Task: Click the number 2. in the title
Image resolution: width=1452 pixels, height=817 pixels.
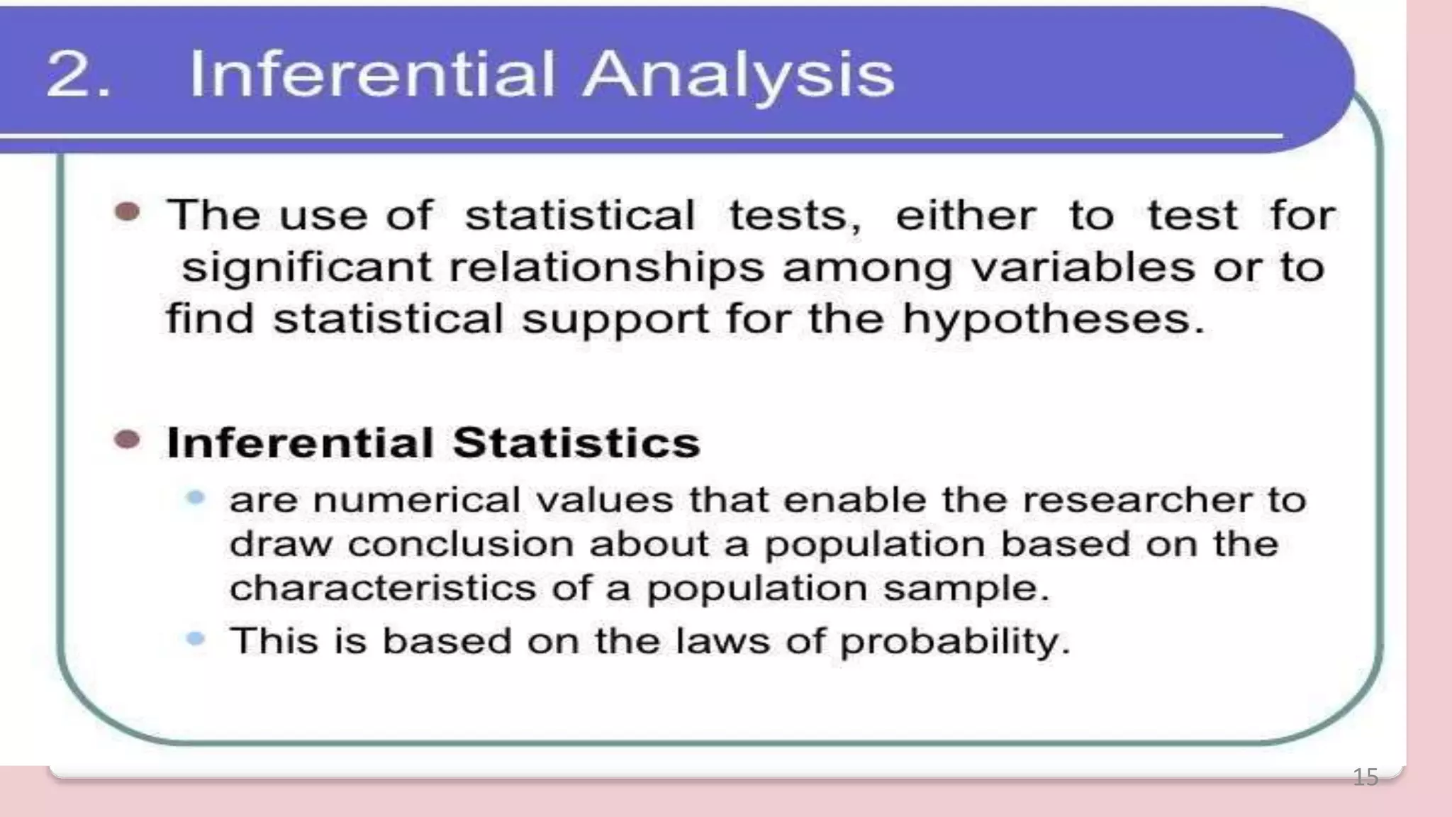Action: (78, 74)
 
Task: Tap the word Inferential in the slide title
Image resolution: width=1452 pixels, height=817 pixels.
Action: (372, 74)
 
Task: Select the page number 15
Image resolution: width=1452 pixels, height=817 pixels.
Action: (1366, 777)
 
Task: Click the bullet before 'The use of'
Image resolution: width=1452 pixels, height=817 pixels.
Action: (128, 212)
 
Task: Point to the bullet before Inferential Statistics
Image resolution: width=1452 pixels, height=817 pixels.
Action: (128, 440)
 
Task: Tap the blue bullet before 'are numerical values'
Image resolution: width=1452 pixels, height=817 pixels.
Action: (196, 498)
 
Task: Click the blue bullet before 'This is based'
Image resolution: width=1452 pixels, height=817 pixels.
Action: (196, 639)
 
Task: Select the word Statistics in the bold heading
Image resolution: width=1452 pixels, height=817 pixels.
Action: (576, 443)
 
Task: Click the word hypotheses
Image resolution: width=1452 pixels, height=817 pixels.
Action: (1054, 319)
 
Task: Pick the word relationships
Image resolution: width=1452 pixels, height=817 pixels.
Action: (607, 268)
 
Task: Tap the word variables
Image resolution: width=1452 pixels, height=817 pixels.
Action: (1083, 267)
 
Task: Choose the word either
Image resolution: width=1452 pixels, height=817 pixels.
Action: (966, 215)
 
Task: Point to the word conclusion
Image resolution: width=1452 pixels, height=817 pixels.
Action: (461, 544)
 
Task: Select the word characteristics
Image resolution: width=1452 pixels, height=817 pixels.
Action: (383, 588)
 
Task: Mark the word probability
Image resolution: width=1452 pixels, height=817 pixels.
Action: (954, 642)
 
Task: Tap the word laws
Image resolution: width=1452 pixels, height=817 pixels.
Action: (722, 640)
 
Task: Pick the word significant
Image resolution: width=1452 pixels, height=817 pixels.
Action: (306, 268)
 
